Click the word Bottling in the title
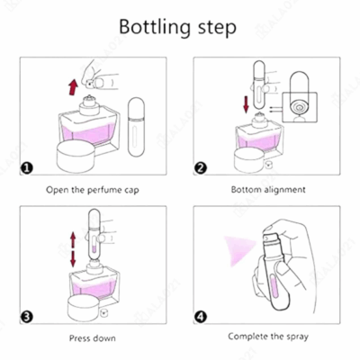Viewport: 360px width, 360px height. [155, 28]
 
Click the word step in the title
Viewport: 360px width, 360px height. [217, 29]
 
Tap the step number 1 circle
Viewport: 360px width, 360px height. [27, 168]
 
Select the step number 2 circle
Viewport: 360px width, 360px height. [201, 167]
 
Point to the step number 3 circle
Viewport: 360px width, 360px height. [27, 317]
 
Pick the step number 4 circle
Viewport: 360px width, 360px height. [201, 317]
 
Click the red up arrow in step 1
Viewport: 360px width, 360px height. [73, 87]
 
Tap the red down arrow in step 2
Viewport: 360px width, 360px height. [247, 104]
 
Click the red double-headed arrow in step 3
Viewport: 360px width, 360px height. [73, 250]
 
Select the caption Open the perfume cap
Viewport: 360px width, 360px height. [93, 190]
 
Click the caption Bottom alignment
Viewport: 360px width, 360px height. [268, 190]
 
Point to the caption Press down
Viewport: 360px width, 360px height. [93, 338]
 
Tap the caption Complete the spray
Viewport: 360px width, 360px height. [268, 337]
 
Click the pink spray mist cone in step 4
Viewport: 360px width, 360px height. [240, 249]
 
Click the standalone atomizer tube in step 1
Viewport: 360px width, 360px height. [136, 126]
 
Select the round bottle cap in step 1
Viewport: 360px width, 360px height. [76, 156]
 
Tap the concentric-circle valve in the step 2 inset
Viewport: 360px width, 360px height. [298, 107]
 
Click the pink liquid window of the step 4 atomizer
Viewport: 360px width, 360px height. [274, 289]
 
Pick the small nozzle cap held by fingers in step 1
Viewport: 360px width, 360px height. [90, 85]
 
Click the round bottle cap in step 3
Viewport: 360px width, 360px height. [84, 308]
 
